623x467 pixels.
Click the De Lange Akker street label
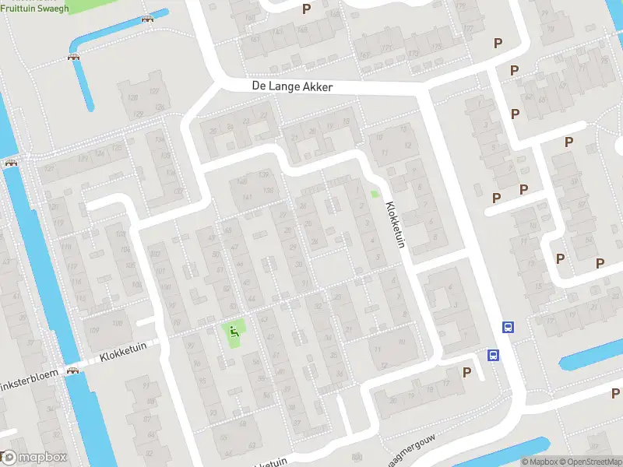click(292, 87)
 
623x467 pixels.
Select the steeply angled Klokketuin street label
click(396, 225)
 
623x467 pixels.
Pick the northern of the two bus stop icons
click(507, 328)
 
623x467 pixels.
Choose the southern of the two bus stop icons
click(493, 356)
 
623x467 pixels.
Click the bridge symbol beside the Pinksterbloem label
click(73, 371)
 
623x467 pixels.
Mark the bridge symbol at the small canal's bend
click(75, 57)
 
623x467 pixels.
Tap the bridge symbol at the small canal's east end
click(148, 19)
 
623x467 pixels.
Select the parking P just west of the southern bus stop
click(466, 372)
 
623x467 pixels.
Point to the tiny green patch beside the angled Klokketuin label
click(374, 194)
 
